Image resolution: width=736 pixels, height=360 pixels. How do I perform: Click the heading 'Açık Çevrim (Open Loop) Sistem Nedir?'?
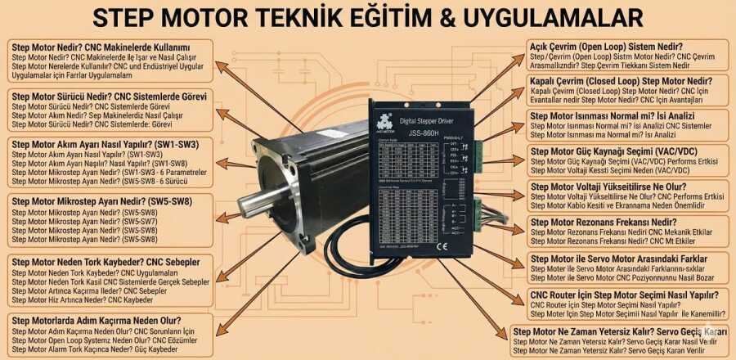(x=608, y=47)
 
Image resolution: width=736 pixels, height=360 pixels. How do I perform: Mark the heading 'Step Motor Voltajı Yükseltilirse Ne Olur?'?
(x=618, y=187)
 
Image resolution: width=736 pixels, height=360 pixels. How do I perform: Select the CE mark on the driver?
(x=440, y=245)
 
